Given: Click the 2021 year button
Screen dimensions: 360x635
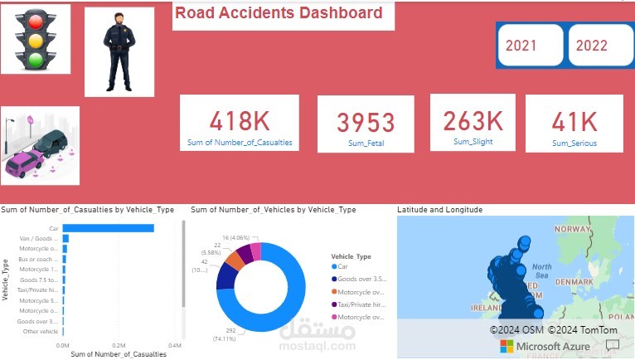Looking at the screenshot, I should click(x=530, y=46).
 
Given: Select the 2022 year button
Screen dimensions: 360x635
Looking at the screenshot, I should click(x=601, y=46).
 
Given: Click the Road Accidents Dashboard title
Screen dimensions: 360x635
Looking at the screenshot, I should click(x=279, y=13).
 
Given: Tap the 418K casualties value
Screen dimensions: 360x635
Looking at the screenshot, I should click(x=240, y=122).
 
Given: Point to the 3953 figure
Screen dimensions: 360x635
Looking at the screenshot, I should click(x=366, y=123).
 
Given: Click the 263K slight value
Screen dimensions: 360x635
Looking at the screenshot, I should click(x=473, y=121).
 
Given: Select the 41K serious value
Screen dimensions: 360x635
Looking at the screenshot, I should click(x=574, y=123).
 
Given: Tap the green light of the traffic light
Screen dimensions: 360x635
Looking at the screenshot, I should click(x=35, y=59).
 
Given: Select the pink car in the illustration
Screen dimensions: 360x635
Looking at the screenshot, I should click(x=24, y=163).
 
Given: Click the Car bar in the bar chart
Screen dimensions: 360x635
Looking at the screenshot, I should click(x=108, y=228).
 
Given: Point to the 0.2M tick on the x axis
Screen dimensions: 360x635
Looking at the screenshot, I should click(x=119, y=344).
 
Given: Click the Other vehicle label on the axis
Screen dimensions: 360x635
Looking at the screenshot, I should click(x=41, y=332).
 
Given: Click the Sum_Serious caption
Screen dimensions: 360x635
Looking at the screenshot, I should click(x=574, y=144).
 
